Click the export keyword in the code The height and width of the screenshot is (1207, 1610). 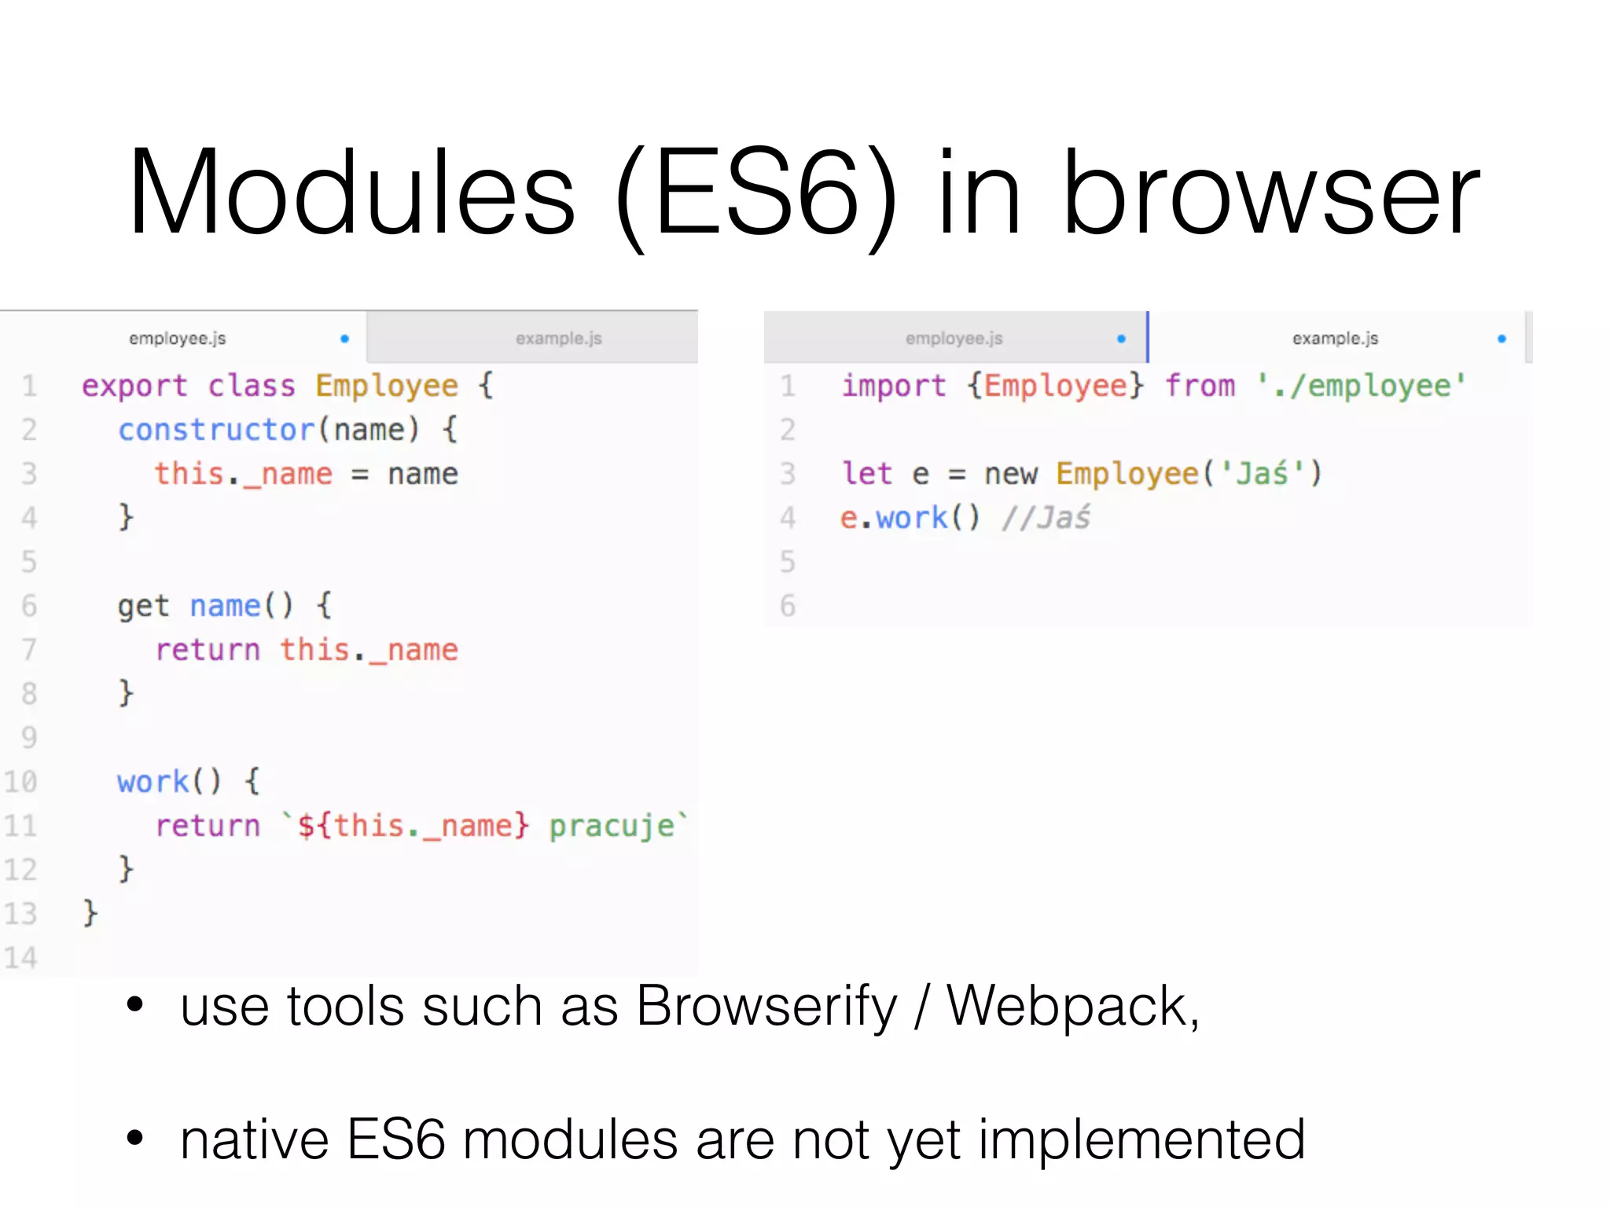[134, 386]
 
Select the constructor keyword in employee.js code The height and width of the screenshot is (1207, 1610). [216, 430]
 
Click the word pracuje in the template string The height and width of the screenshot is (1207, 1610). [612, 826]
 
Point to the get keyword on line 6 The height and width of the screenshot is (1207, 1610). [143, 606]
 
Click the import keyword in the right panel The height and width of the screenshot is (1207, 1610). [894, 386]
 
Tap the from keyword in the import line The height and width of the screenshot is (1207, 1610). [1200, 386]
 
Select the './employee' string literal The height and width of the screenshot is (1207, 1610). [1361, 386]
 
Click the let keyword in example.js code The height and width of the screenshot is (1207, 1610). [866, 474]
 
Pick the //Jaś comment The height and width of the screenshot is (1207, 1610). [1046, 518]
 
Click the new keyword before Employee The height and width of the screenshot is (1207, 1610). [1011, 474]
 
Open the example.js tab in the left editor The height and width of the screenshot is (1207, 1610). [558, 339]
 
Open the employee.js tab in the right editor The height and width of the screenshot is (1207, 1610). [954, 339]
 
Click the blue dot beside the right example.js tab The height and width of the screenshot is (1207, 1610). [1502, 339]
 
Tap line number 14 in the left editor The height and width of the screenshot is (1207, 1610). [21, 957]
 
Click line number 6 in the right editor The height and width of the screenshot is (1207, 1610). [787, 606]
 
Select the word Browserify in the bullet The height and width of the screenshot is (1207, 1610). [766, 1007]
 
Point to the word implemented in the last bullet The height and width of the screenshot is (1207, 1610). [1141, 1139]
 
